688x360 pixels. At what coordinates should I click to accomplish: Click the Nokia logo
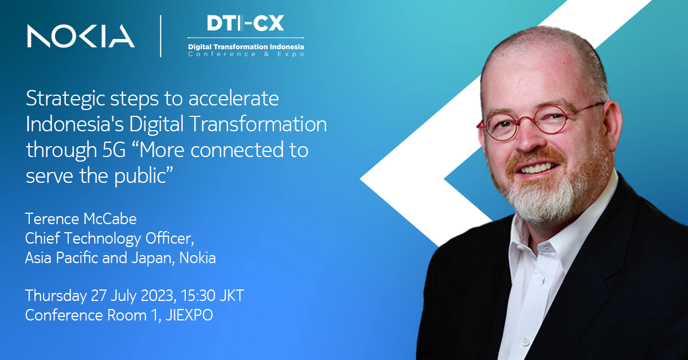pos(80,36)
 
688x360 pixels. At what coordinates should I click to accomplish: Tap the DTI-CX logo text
pos(246,24)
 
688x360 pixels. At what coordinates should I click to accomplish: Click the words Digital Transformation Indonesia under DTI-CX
pos(246,46)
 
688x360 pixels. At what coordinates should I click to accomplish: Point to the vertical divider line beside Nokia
pos(161,36)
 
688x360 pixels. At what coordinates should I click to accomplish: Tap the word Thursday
pos(56,296)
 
